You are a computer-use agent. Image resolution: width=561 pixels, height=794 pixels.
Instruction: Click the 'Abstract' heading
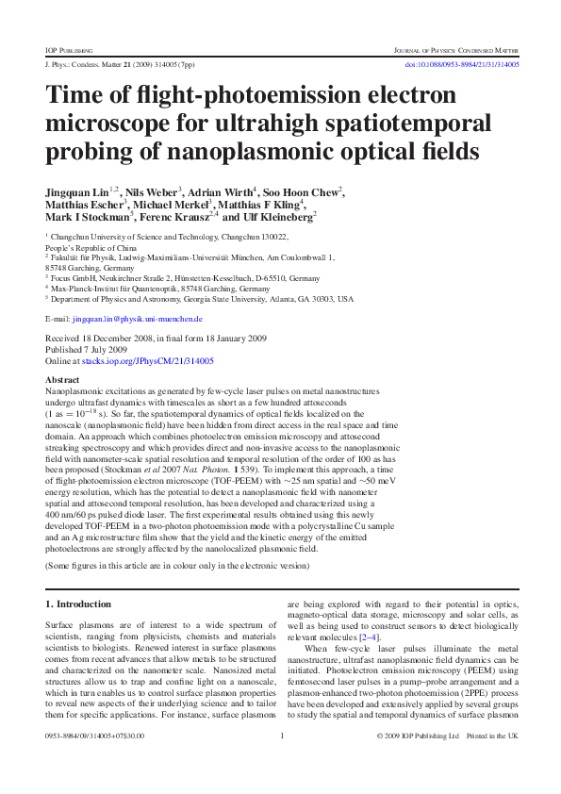[62, 379]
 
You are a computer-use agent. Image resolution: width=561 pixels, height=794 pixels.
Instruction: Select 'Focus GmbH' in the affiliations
[73, 279]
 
